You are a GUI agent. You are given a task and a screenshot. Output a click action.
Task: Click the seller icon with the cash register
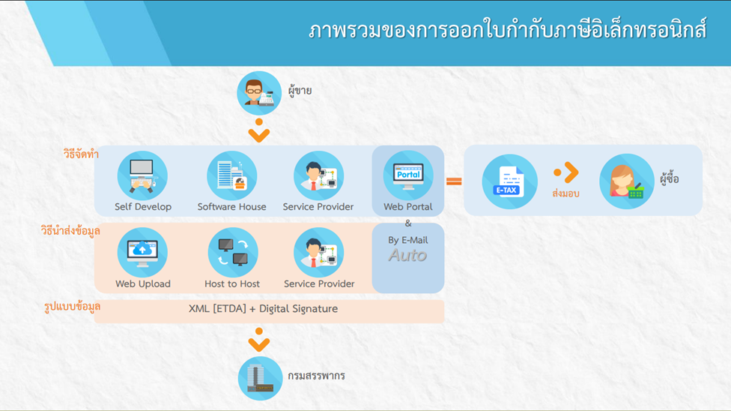tap(259, 93)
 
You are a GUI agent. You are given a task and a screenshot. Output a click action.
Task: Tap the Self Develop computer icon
tap(142, 175)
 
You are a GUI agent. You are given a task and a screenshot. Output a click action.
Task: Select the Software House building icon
tap(231, 175)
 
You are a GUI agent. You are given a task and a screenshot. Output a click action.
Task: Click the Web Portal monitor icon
tap(408, 175)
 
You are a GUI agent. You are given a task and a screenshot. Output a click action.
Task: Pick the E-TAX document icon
tap(509, 181)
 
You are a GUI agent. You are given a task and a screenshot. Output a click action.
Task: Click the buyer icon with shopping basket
tap(627, 181)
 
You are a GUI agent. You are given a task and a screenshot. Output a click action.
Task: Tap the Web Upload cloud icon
tap(142, 253)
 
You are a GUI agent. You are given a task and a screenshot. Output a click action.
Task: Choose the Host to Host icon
tap(233, 253)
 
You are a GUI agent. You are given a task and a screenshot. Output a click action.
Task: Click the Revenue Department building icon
tap(260, 378)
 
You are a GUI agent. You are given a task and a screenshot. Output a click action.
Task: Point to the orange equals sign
tap(454, 181)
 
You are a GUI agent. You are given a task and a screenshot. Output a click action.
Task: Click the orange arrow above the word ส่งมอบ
tap(566, 172)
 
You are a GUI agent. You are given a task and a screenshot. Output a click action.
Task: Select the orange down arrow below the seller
tap(258, 130)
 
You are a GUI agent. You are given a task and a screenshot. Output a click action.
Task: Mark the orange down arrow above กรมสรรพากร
tap(258, 340)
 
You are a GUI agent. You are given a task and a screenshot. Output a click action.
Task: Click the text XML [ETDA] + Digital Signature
tap(263, 309)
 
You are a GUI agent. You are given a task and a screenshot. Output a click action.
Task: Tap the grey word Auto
tap(408, 255)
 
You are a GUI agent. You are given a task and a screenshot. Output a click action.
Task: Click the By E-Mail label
tap(408, 240)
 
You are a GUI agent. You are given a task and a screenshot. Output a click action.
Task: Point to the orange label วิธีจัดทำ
tap(81, 154)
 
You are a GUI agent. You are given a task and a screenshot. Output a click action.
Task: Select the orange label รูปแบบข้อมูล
tap(72, 307)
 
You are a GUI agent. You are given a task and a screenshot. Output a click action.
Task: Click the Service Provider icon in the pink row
tap(319, 253)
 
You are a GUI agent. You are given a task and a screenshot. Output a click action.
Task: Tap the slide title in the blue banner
tap(507, 30)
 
